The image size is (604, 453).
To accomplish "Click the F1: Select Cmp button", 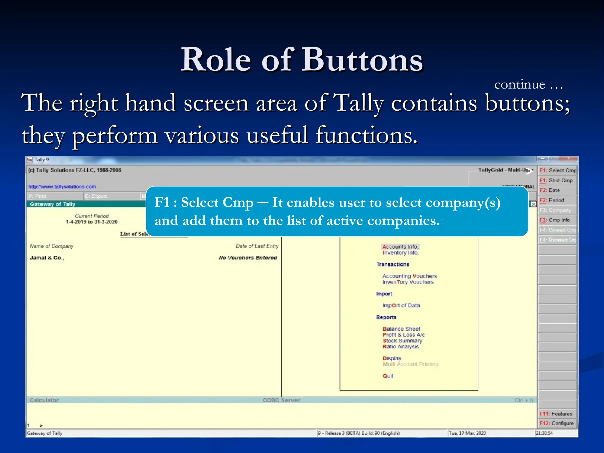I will tap(557, 170).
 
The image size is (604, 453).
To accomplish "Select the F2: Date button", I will tap(557, 190).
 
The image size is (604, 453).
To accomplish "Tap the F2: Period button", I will tap(557, 200).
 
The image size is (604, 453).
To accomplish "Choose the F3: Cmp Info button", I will tap(557, 220).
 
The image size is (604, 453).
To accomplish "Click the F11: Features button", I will tap(557, 414).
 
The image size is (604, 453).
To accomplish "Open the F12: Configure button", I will tap(557, 424).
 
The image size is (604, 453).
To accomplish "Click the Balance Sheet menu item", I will tap(401, 329).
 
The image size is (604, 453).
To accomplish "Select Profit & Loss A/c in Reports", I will tap(403, 335).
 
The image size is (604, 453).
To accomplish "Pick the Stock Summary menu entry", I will tap(402, 341).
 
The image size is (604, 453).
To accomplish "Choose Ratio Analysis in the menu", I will tap(401, 347).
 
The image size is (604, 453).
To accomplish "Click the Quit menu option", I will tap(388, 376).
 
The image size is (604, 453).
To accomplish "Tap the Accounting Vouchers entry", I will tap(410, 276).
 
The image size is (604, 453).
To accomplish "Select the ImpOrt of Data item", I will tap(401, 306).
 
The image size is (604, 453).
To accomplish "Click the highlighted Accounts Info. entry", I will tap(400, 247).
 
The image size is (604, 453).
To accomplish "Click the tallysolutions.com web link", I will tap(62, 187).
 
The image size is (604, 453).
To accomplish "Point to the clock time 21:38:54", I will tap(544, 433).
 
